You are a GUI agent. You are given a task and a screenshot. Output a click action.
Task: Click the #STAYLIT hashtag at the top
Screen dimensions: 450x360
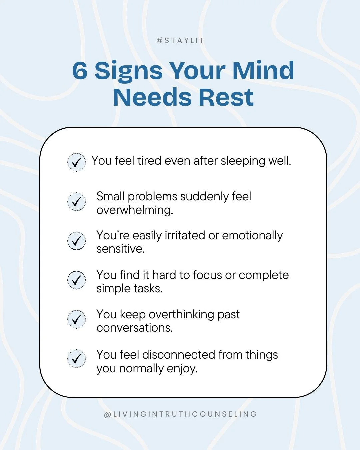(x=180, y=41)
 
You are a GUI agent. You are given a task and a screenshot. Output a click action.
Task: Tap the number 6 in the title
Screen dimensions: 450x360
(x=80, y=71)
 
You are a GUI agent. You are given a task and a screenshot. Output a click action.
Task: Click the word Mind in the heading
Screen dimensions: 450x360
(x=263, y=71)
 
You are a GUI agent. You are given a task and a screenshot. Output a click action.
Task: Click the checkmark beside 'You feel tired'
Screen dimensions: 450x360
(x=77, y=162)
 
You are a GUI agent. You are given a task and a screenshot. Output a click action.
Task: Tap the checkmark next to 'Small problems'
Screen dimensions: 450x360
(x=77, y=202)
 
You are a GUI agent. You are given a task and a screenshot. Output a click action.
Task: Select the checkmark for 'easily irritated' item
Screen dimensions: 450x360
(x=77, y=241)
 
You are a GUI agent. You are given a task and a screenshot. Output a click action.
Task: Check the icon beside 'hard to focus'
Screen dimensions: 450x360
(x=77, y=280)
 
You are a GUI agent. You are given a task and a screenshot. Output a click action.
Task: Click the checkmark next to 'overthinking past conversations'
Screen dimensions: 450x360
(x=77, y=319)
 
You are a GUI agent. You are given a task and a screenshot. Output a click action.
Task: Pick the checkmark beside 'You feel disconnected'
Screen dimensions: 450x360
(x=77, y=359)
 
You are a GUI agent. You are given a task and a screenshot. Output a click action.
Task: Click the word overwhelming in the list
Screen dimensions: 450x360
(x=135, y=210)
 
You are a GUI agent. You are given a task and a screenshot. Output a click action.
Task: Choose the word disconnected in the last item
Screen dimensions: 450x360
(x=178, y=355)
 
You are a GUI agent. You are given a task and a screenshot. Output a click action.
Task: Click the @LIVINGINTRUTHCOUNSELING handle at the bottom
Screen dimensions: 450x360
(x=180, y=414)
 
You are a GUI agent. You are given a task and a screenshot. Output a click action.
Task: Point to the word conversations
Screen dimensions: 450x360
(x=135, y=328)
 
